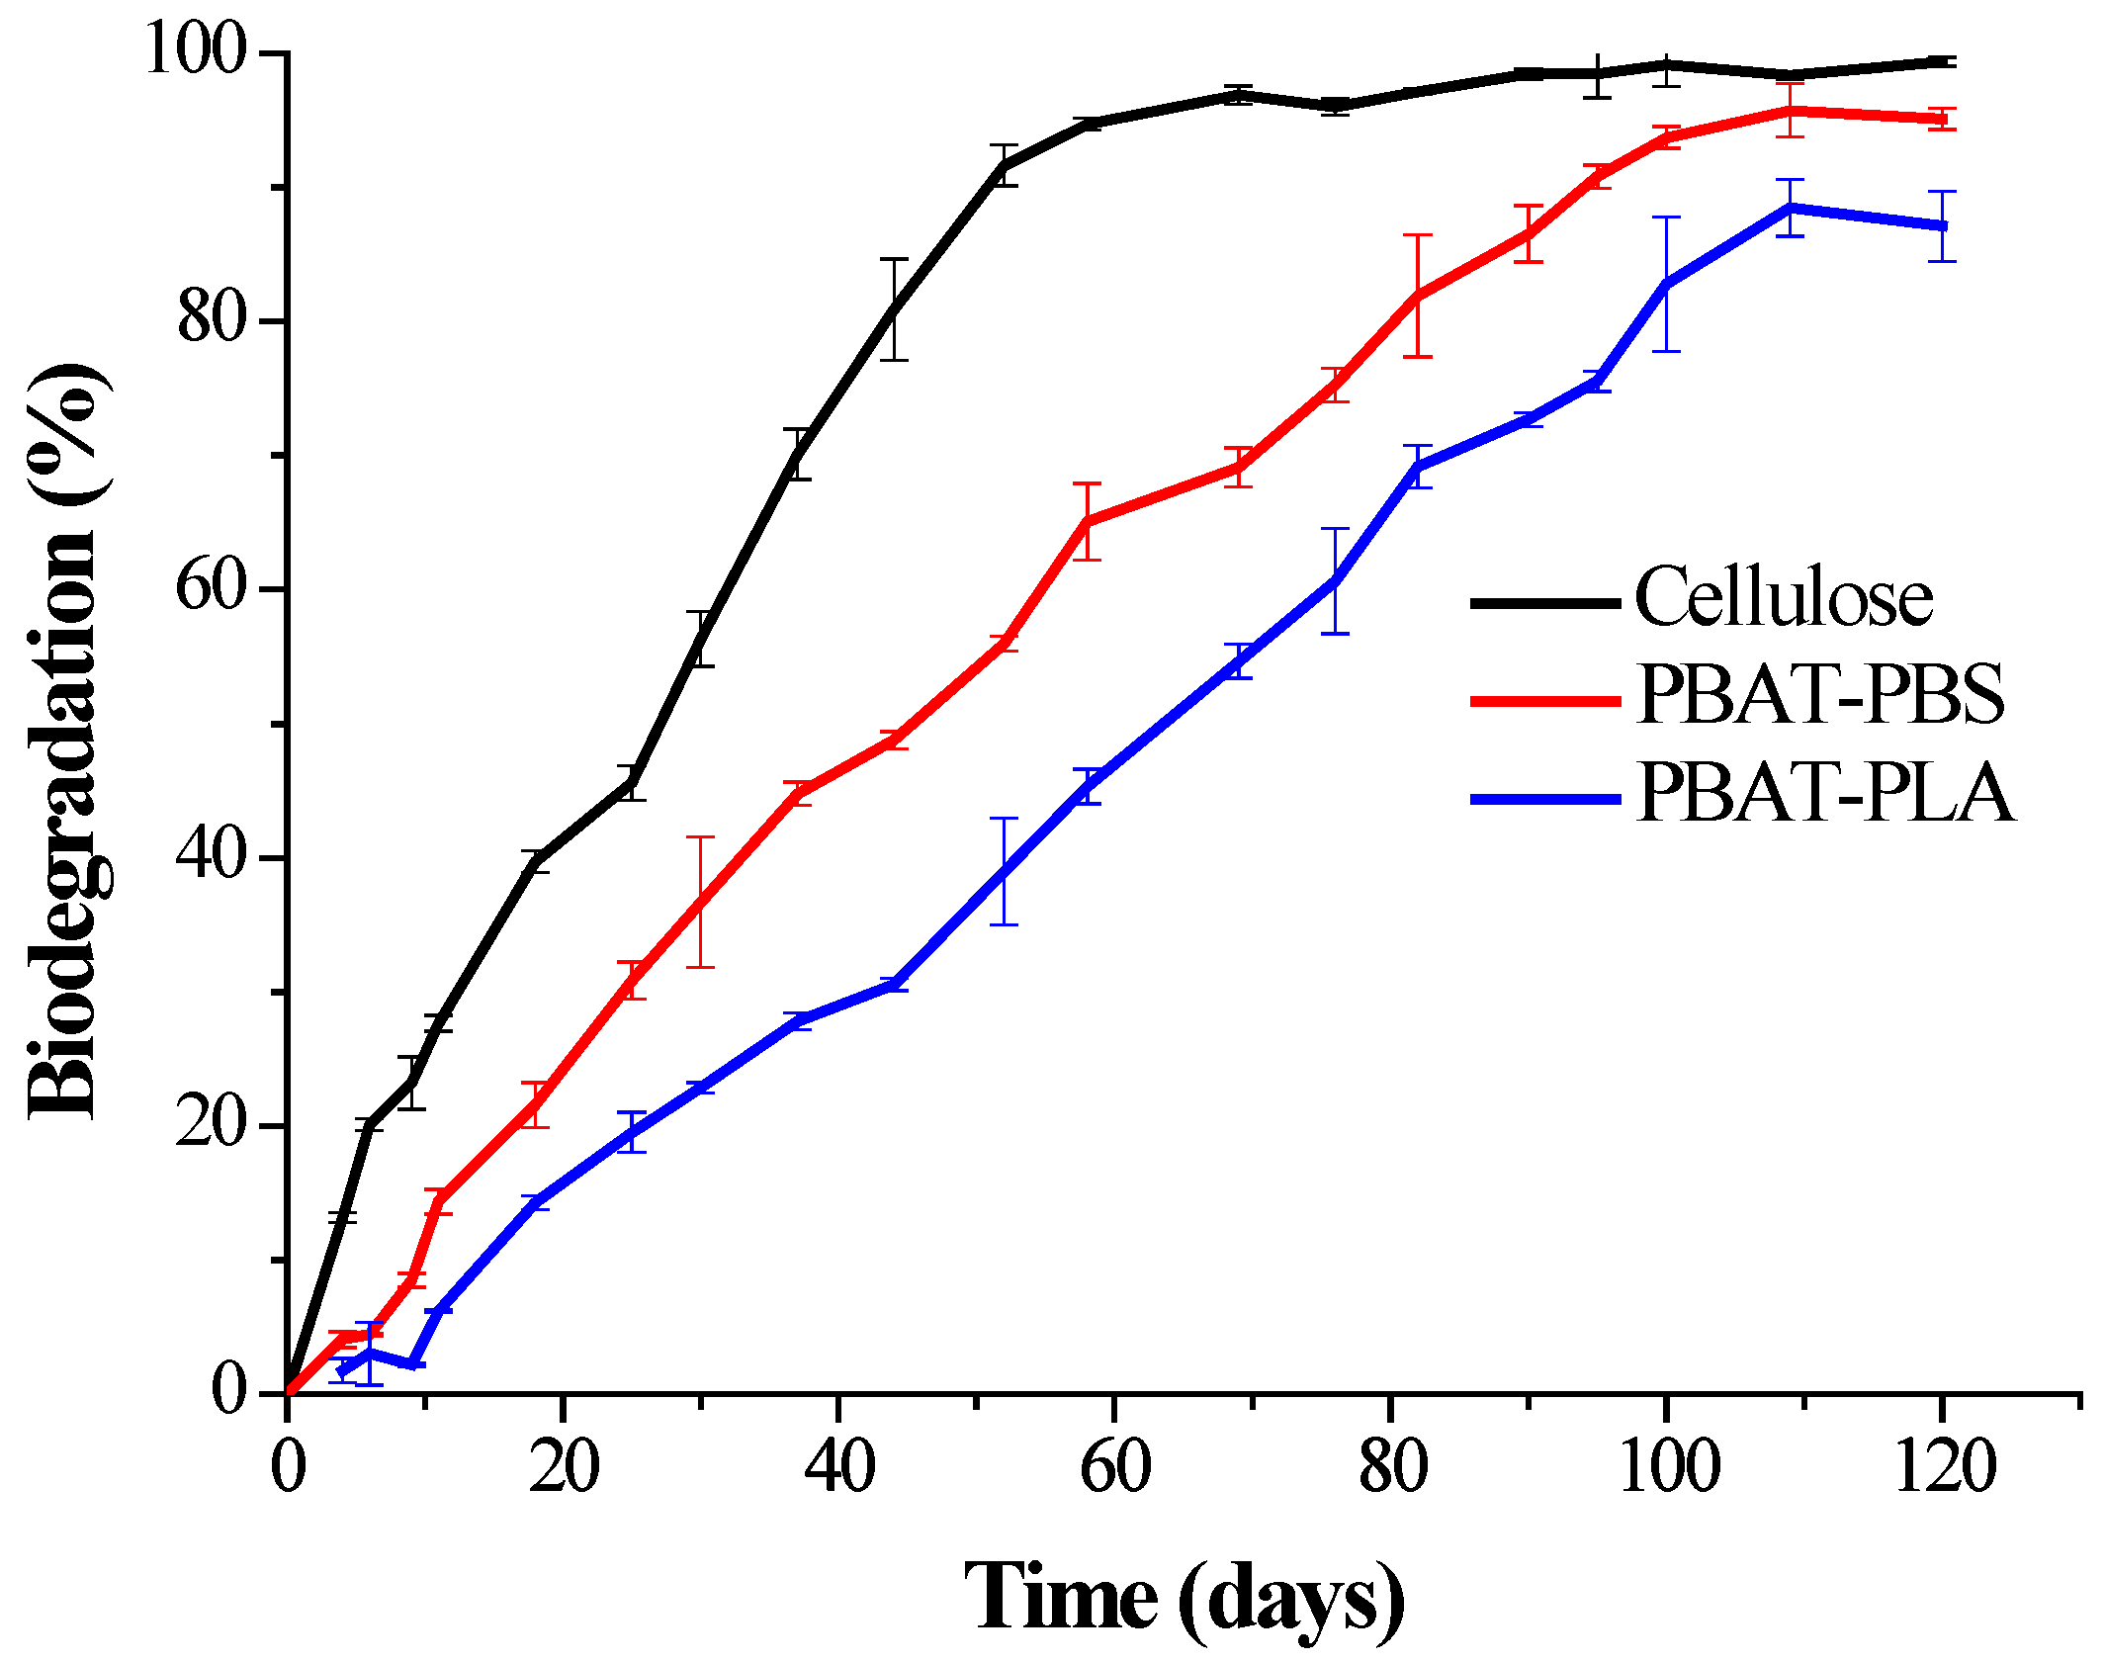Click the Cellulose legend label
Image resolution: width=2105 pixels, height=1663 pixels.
pyautogui.click(x=1783, y=598)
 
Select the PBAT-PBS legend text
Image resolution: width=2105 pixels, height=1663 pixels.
pyautogui.click(x=1819, y=695)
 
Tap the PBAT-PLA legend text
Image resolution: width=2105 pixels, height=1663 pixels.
pyautogui.click(x=1824, y=794)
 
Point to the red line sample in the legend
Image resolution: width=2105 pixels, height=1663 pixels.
pyautogui.click(x=1545, y=700)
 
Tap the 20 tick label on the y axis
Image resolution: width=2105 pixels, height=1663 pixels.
pyautogui.click(x=210, y=1124)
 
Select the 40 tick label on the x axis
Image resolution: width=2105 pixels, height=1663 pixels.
pyautogui.click(x=838, y=1467)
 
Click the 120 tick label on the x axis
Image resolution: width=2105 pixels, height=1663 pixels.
pyautogui.click(x=1943, y=1467)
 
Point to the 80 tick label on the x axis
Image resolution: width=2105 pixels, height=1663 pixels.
pyautogui.click(x=1391, y=1467)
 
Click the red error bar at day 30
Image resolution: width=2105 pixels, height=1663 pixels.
pyautogui.click(x=700, y=902)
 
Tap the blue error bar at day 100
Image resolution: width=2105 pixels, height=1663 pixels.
pyautogui.click(x=1667, y=284)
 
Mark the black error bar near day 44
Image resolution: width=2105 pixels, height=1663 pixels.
pyautogui.click(x=894, y=309)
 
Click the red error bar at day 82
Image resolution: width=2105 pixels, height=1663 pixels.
pyautogui.click(x=1418, y=296)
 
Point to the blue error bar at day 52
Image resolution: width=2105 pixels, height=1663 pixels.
pyautogui.click(x=1004, y=871)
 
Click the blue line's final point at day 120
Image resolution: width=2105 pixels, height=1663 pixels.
pyautogui.click(x=1942, y=226)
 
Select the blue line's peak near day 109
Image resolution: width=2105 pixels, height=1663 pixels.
pyautogui.click(x=1790, y=208)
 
